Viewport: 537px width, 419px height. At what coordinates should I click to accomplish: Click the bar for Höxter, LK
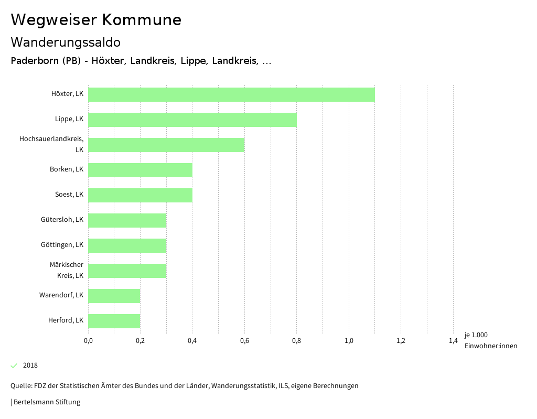(x=231, y=94)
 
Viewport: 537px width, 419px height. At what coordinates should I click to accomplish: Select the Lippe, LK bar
(x=192, y=120)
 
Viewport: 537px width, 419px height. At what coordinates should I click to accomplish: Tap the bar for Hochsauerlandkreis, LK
(x=166, y=145)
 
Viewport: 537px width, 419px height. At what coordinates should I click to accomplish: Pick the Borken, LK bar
(x=140, y=170)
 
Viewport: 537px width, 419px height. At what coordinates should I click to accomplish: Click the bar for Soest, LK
(x=140, y=195)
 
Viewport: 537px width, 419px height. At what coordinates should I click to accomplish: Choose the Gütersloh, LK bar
(x=127, y=220)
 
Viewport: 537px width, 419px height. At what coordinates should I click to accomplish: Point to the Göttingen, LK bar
(x=127, y=245)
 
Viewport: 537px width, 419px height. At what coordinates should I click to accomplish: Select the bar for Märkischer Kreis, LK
(x=127, y=271)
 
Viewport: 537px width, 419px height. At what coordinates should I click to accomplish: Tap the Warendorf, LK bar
(x=114, y=296)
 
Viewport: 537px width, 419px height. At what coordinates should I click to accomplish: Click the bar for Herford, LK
(x=114, y=321)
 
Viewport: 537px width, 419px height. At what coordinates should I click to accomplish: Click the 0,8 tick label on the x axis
(x=296, y=341)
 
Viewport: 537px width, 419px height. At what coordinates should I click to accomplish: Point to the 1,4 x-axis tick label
(x=453, y=341)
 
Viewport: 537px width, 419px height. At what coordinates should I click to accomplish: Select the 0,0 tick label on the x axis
(x=88, y=341)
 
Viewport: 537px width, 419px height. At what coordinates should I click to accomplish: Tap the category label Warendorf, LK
(x=61, y=295)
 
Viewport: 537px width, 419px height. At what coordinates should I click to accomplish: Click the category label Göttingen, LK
(x=62, y=245)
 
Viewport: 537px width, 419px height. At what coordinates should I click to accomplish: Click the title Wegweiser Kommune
(x=96, y=20)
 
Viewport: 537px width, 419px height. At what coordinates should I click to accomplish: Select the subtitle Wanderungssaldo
(x=66, y=42)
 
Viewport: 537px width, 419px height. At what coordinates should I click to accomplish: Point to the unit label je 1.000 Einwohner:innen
(x=490, y=340)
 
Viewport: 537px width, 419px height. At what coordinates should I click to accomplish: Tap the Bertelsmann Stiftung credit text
(x=46, y=402)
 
